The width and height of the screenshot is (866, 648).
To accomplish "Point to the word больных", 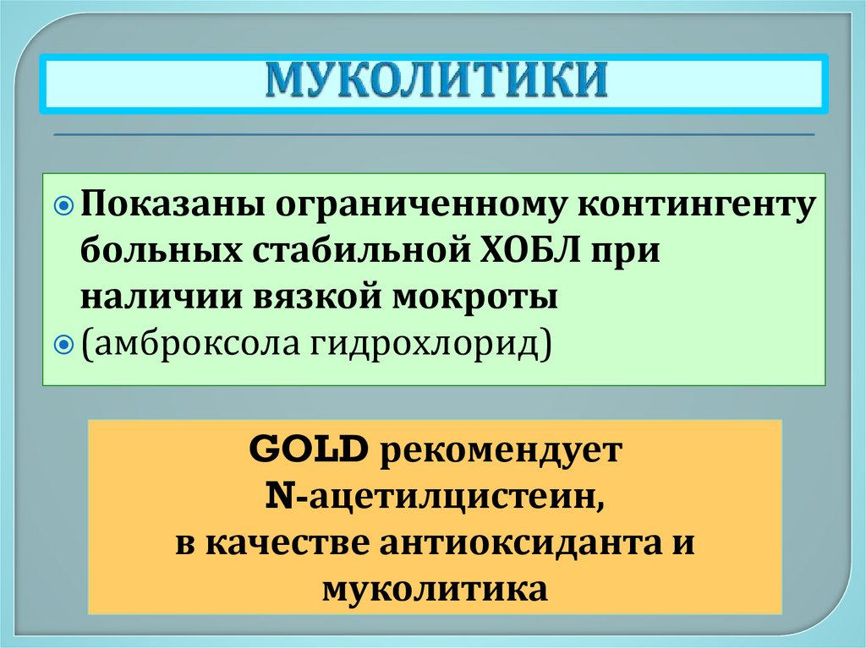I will pyautogui.click(x=158, y=252).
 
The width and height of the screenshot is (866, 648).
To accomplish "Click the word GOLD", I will pyautogui.click(x=308, y=449).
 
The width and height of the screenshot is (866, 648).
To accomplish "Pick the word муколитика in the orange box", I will pyautogui.click(x=435, y=588).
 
